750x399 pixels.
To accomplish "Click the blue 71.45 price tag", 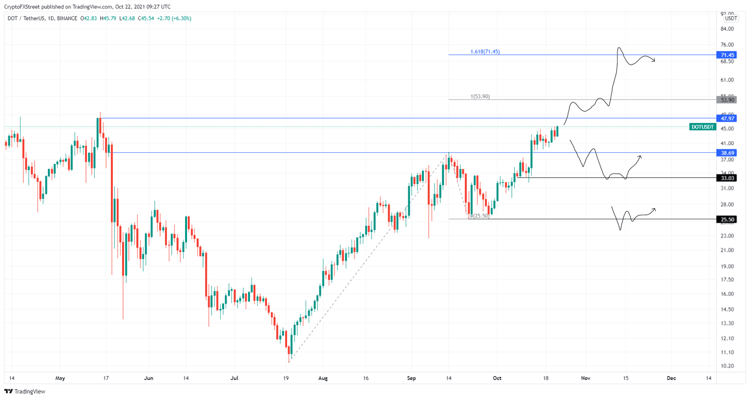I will click(x=727, y=55).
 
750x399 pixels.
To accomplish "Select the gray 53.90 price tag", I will click(x=727, y=100).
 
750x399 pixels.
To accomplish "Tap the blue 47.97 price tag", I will click(x=727, y=118).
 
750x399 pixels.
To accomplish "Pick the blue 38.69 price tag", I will click(x=727, y=153).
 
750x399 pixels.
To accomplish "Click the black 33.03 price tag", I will click(x=727, y=178).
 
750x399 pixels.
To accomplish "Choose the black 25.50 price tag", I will click(x=727, y=219).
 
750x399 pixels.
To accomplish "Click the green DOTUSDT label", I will click(x=703, y=127).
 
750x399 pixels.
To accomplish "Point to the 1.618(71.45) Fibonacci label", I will click(x=485, y=52).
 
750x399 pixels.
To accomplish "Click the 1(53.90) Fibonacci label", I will click(x=480, y=97).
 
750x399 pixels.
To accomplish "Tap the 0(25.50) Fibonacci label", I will click(x=479, y=216).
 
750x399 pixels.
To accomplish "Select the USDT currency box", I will click(x=730, y=19).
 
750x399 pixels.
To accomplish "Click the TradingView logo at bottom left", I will click(x=25, y=391).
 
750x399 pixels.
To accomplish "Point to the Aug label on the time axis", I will click(x=323, y=378).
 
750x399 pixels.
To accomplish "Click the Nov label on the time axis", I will click(x=585, y=378).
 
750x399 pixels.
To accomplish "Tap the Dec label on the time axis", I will click(x=671, y=378).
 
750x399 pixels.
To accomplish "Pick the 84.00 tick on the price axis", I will click(x=727, y=29).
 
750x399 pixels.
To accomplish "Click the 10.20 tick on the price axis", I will click(x=727, y=366).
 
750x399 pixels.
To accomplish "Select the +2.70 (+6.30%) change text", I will click(x=174, y=19).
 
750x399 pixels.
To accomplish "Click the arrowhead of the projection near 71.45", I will click(x=653, y=61).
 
